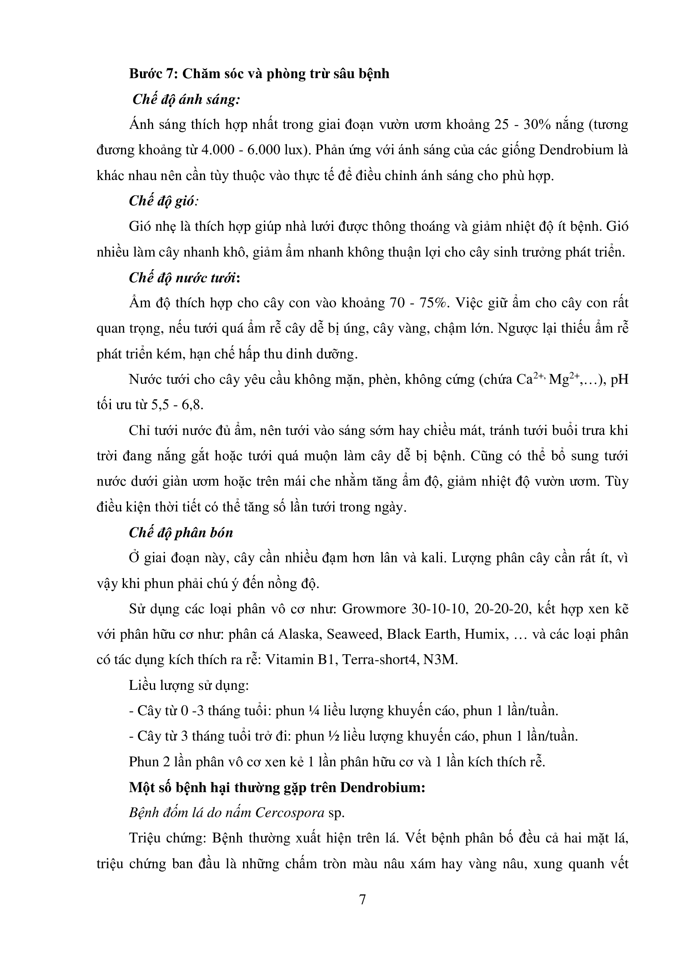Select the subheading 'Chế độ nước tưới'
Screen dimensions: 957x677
click(x=182, y=277)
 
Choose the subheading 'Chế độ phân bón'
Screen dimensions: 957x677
click(x=181, y=533)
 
